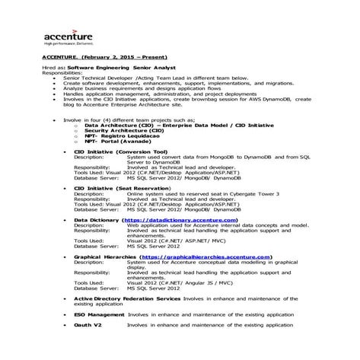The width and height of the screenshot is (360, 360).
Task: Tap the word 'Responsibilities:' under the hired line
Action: [x=60, y=72]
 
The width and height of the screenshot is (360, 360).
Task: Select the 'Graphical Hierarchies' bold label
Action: [x=106, y=257]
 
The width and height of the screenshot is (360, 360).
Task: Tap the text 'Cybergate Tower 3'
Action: [x=250, y=193]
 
